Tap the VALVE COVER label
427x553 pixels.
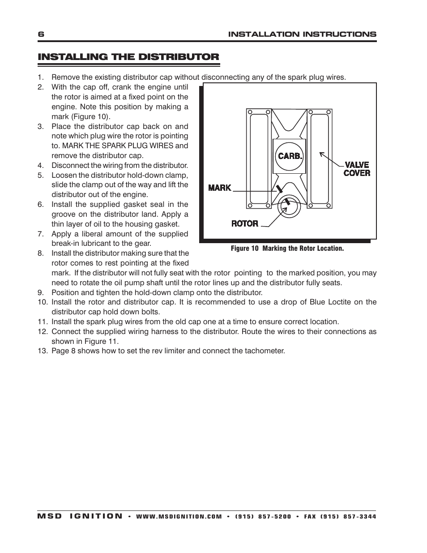357,169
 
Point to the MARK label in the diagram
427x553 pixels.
219,188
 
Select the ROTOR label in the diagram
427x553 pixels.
245,223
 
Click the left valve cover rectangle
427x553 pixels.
259,159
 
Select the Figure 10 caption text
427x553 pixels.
287,248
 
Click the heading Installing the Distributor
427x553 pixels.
128,57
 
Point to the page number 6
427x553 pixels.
41,34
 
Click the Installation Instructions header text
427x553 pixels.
302,34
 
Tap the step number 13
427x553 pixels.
42,351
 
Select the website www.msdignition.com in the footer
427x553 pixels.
179,516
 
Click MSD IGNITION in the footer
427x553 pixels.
80,516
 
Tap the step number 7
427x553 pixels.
41,234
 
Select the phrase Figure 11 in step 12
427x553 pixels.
102,341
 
